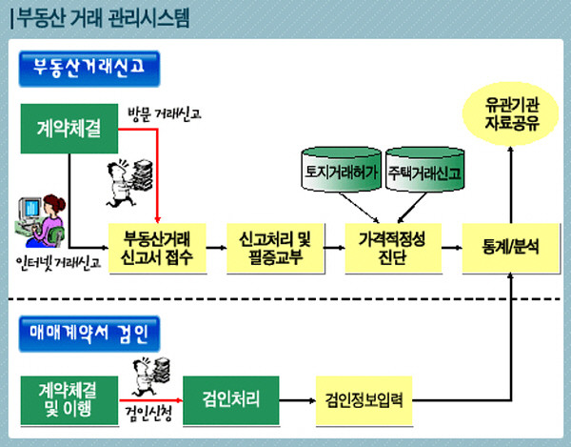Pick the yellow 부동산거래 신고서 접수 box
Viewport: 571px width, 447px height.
pyautogui.click(x=157, y=246)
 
